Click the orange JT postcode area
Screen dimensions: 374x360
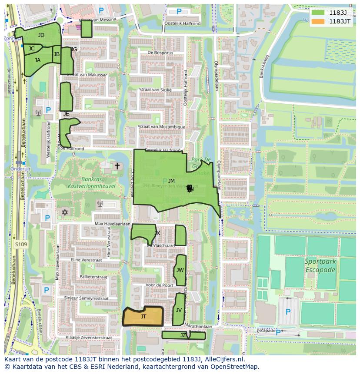point(143,317)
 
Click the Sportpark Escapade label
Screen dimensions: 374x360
point(320,266)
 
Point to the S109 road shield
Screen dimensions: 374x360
point(20,245)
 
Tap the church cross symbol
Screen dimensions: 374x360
point(117,166)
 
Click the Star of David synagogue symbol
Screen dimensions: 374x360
point(66,212)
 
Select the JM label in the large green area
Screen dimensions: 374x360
point(171,181)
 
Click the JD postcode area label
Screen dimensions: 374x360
point(41,35)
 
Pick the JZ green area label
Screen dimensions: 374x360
point(183,335)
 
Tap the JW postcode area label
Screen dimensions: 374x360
point(180,270)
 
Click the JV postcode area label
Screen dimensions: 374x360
point(179,310)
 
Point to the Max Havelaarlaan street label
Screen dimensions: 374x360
point(113,224)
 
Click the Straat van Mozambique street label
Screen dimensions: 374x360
point(161,127)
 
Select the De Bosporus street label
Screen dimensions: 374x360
point(160,53)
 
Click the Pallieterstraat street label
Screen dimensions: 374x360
point(93,277)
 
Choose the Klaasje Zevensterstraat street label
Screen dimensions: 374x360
point(89,338)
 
